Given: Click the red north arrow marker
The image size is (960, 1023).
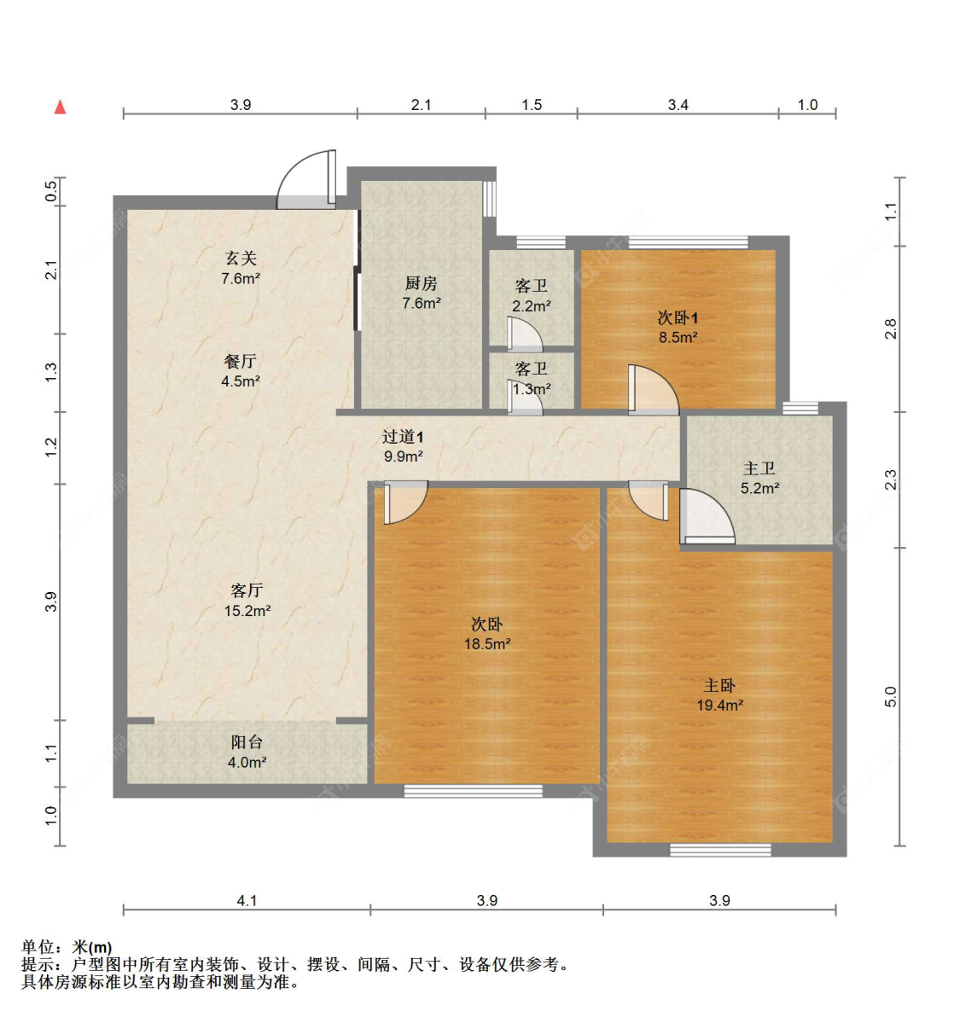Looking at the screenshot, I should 61,107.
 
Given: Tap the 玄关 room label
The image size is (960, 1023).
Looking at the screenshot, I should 241,258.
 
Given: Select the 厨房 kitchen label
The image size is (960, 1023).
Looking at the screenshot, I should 421,283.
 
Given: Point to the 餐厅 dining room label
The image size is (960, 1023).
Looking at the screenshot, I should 241,361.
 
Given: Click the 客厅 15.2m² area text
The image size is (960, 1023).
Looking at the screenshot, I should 247,611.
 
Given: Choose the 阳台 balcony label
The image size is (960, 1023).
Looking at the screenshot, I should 247,742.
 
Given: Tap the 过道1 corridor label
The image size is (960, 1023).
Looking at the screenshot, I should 403,437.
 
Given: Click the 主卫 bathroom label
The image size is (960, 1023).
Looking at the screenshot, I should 759,468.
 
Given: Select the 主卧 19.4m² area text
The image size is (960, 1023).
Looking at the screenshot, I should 719,706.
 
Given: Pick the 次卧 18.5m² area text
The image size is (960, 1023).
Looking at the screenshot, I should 487,644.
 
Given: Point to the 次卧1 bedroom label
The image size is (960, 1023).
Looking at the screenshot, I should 678,317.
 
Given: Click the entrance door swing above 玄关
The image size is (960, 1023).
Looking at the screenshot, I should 307,180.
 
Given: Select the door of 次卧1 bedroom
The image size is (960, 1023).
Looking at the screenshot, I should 652,391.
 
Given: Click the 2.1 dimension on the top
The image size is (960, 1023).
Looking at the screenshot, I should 421,105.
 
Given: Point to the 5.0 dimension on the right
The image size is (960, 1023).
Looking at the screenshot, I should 891,696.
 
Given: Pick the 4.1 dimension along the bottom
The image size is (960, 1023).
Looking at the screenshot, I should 247,900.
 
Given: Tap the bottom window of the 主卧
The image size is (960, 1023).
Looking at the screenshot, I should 720,849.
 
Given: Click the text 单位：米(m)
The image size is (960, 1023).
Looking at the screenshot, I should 67,947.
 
